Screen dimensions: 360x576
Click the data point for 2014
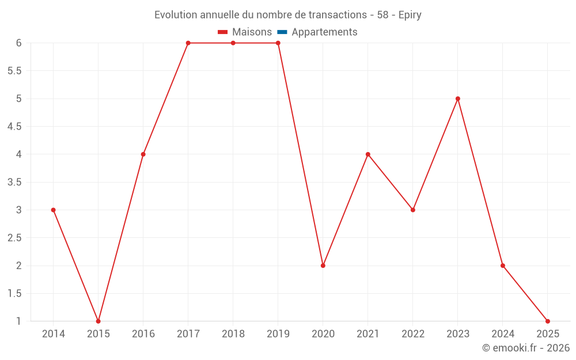(x=53, y=210)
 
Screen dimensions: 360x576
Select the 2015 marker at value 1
(x=98, y=321)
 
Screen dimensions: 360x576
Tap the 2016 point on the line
(x=143, y=154)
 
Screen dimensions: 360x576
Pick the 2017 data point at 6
(x=188, y=43)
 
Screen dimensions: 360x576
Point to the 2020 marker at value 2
(x=323, y=266)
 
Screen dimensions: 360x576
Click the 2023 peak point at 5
(x=458, y=98)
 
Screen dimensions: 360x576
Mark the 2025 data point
(x=548, y=321)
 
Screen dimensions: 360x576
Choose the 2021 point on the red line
(x=368, y=154)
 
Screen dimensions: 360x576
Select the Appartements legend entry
(x=324, y=32)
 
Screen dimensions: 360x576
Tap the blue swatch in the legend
(x=282, y=32)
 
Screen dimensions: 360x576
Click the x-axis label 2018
(x=233, y=334)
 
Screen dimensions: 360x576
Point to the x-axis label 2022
(x=413, y=334)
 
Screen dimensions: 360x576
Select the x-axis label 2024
(x=503, y=334)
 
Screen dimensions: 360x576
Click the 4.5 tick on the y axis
(x=14, y=127)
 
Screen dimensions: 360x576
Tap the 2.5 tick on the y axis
(x=14, y=238)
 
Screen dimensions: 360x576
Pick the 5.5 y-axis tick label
(x=14, y=71)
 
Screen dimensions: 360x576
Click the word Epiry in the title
(x=410, y=15)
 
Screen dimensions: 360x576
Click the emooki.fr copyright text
(x=526, y=348)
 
